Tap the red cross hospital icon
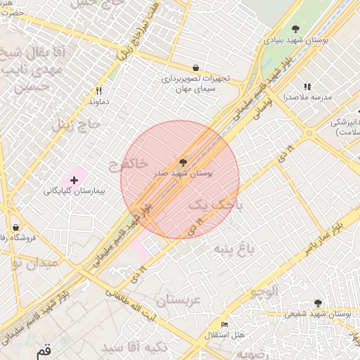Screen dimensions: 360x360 click(x=74, y=181)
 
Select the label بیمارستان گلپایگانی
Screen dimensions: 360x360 click(x=74, y=191)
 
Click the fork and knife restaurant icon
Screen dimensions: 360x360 click(x=99, y=91)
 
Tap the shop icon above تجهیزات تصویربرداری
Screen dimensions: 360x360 click(x=195, y=68)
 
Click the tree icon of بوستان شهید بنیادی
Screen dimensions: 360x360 click(x=295, y=29)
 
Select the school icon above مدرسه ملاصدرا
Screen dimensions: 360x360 click(x=307, y=86)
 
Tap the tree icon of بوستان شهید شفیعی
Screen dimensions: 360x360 click(x=318, y=303)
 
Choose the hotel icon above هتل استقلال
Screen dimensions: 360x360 click(x=224, y=325)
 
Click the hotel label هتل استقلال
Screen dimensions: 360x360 click(x=224, y=335)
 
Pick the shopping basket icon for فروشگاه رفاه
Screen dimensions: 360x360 click(x=15, y=228)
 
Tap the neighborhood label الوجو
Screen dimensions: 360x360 click(x=263, y=290)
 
